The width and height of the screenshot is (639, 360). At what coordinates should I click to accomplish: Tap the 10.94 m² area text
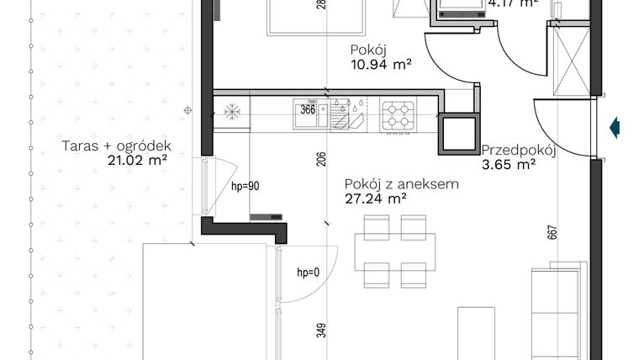tap(380, 64)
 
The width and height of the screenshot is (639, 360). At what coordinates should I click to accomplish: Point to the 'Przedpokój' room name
tap(520, 151)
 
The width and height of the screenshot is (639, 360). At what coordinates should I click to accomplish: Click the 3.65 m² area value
tap(509, 166)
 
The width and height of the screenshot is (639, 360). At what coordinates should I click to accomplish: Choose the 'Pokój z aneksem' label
tap(401, 184)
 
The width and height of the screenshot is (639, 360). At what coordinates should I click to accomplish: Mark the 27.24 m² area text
tap(376, 199)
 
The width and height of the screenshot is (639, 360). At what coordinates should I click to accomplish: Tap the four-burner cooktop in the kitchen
tap(400, 114)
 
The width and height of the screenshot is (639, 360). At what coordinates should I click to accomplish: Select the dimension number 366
tap(308, 109)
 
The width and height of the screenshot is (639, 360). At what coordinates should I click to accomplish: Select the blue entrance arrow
tap(615, 127)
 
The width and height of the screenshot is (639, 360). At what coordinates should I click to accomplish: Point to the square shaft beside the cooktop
tap(458, 133)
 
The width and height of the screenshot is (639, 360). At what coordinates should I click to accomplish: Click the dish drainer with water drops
tap(347, 115)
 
